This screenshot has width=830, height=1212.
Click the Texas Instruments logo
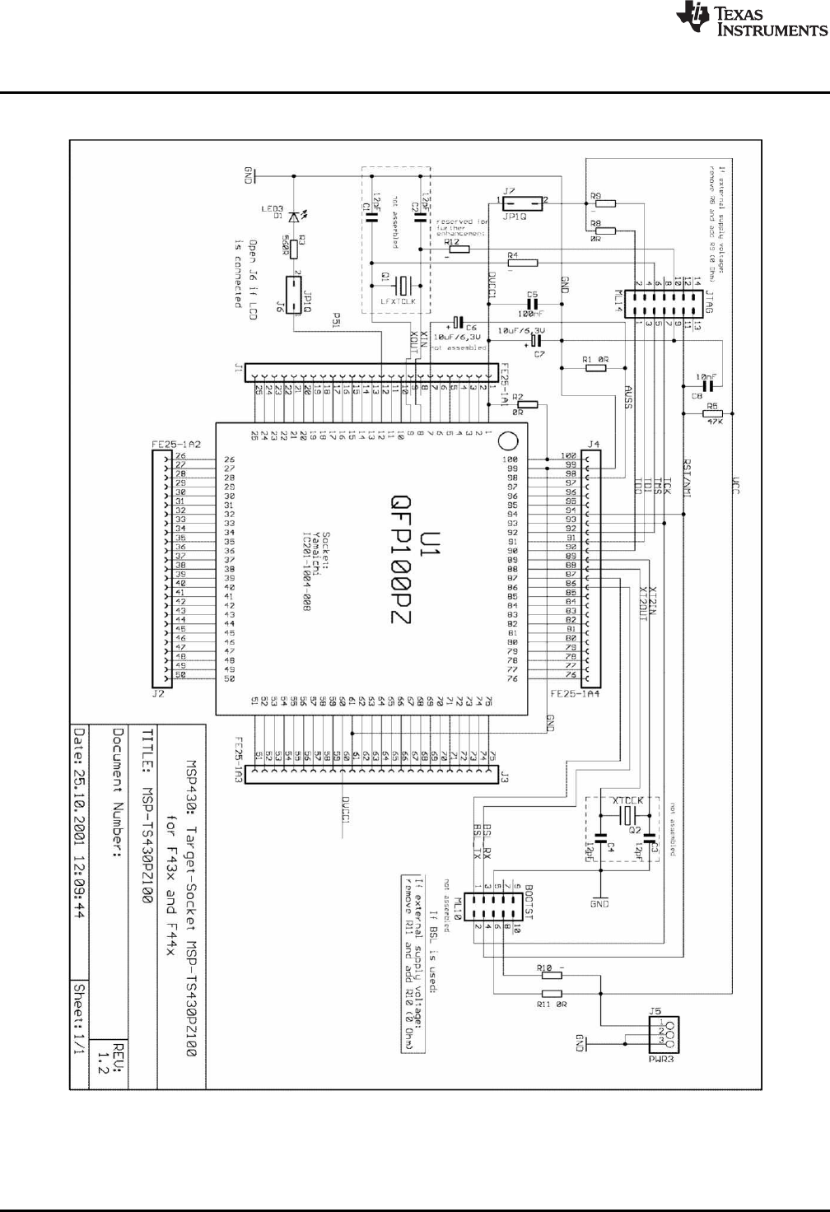(751, 20)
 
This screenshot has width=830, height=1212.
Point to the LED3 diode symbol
(294, 217)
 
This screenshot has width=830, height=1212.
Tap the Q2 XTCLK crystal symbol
(627, 814)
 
